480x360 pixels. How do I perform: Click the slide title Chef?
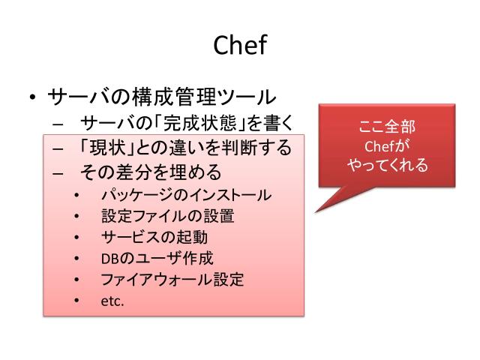240,46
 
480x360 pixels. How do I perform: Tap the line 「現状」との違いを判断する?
184,147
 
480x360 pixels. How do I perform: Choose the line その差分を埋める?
150,172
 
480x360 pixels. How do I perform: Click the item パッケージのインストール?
186,196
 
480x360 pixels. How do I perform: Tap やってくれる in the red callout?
387,165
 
